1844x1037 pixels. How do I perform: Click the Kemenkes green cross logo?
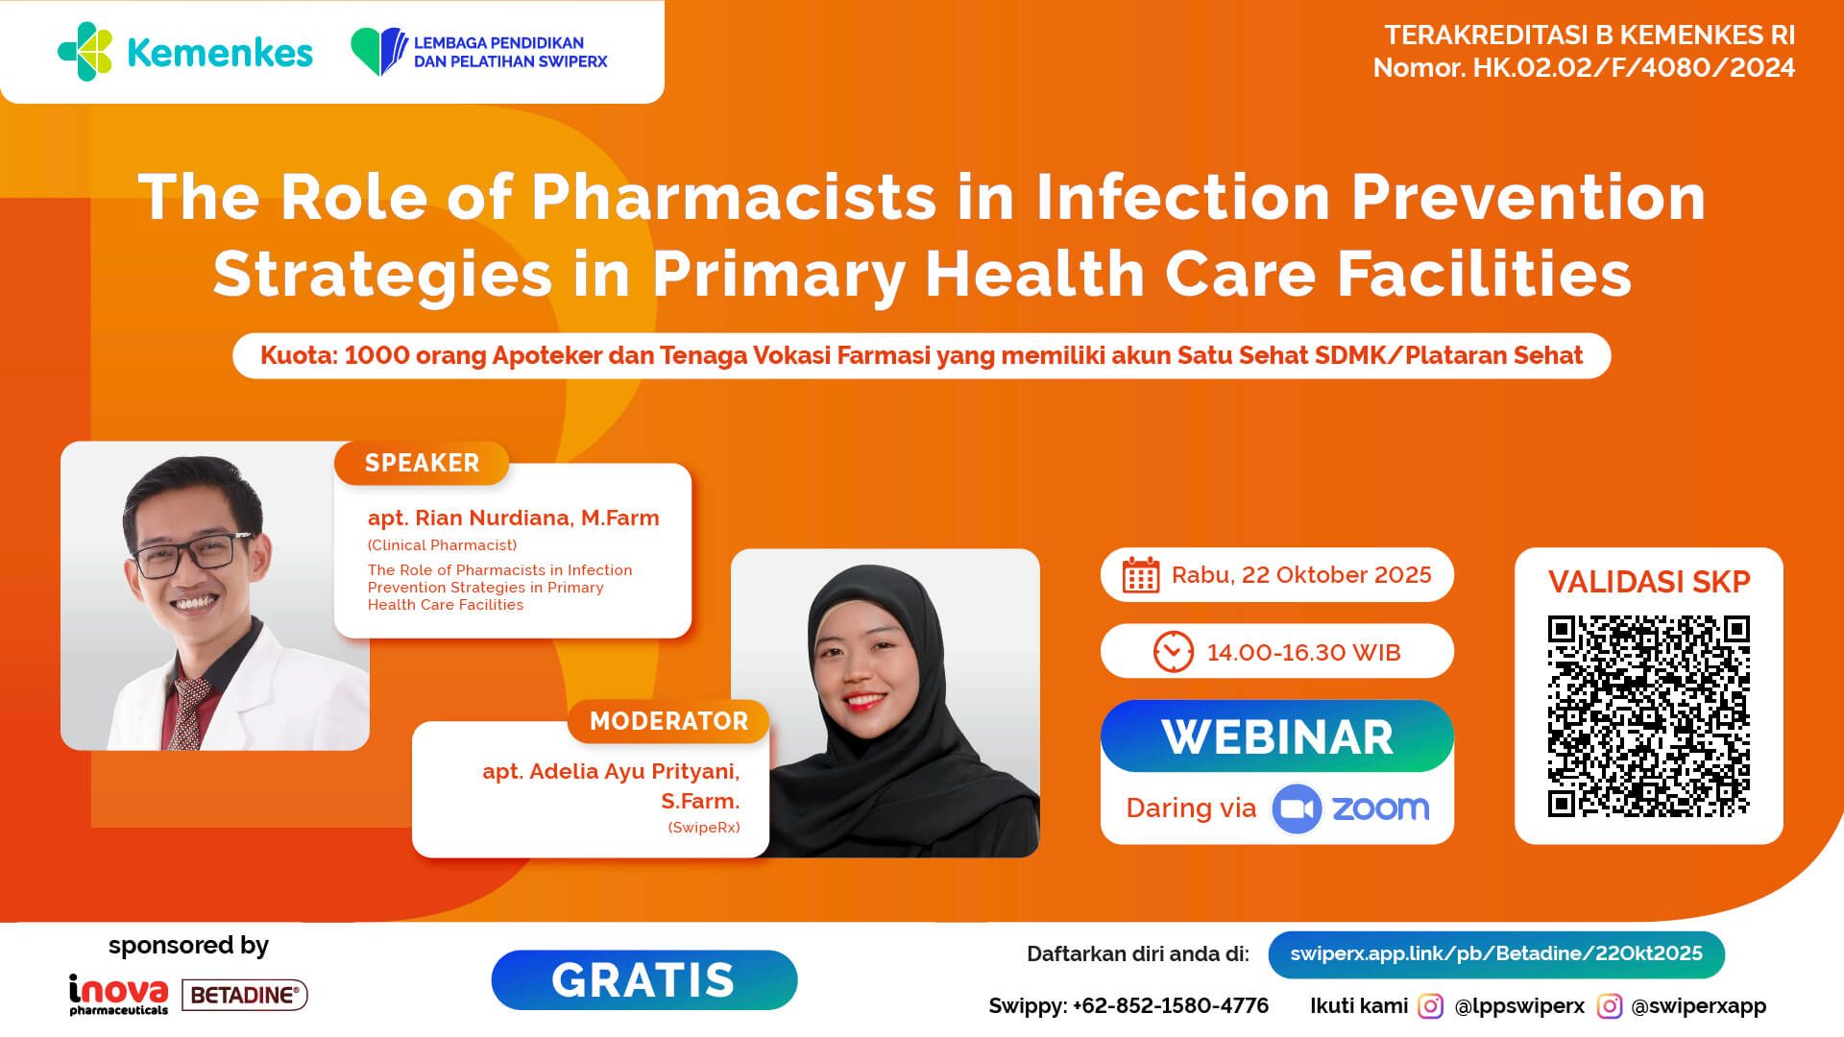click(85, 52)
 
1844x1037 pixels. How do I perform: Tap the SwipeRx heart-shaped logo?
click(378, 52)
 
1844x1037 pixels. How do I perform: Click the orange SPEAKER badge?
click(422, 463)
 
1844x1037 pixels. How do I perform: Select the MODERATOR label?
click(668, 721)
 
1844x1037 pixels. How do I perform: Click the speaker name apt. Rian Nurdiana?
click(513, 518)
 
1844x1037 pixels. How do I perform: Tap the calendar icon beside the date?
click(1141, 575)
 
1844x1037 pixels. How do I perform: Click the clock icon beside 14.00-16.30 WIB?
click(1173, 652)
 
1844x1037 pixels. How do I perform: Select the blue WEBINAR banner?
click(1276, 736)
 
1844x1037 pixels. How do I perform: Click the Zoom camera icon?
click(1297, 808)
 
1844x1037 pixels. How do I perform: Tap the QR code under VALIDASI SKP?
click(1648, 716)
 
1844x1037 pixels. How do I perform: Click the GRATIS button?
click(643, 980)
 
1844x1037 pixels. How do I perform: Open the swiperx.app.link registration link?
click(1495, 954)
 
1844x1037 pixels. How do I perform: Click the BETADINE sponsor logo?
click(244, 996)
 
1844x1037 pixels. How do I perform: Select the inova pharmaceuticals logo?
click(118, 995)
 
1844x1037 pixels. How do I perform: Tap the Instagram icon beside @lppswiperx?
click(1430, 1006)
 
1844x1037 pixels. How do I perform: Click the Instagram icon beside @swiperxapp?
click(1609, 1006)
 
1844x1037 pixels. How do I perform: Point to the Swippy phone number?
click(1170, 1006)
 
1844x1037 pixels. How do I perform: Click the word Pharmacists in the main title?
click(734, 198)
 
